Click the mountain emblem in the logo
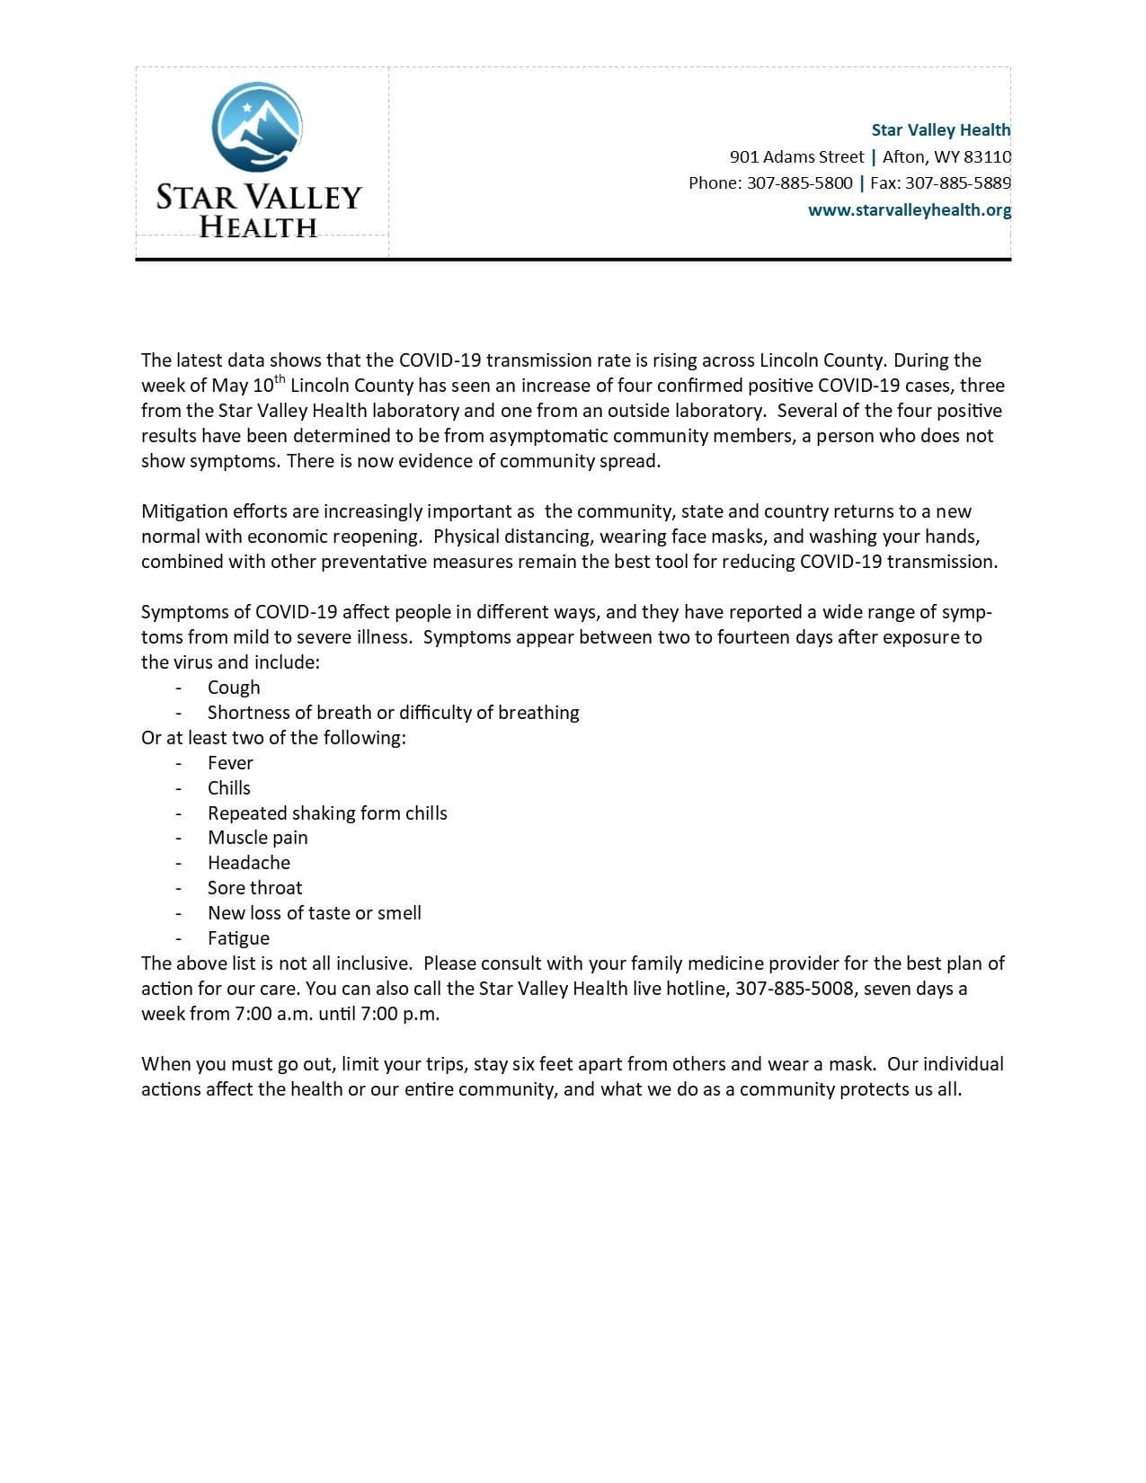257,127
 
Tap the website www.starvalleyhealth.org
909,210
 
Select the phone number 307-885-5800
799,183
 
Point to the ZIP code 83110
987,157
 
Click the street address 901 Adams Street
796,157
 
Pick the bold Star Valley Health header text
940,130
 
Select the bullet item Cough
234,688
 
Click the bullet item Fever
230,763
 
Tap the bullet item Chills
229,788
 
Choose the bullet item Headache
249,863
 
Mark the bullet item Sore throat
254,888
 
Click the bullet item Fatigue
238,938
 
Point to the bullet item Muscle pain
257,838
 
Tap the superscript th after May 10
280,379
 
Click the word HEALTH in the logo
258,226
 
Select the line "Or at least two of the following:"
273,738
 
